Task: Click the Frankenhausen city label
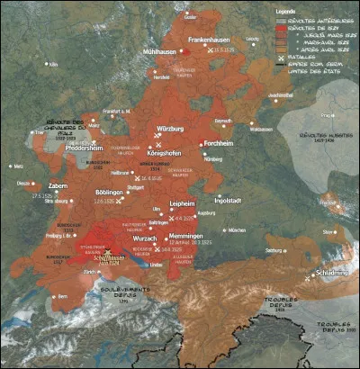(x=216, y=40)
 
